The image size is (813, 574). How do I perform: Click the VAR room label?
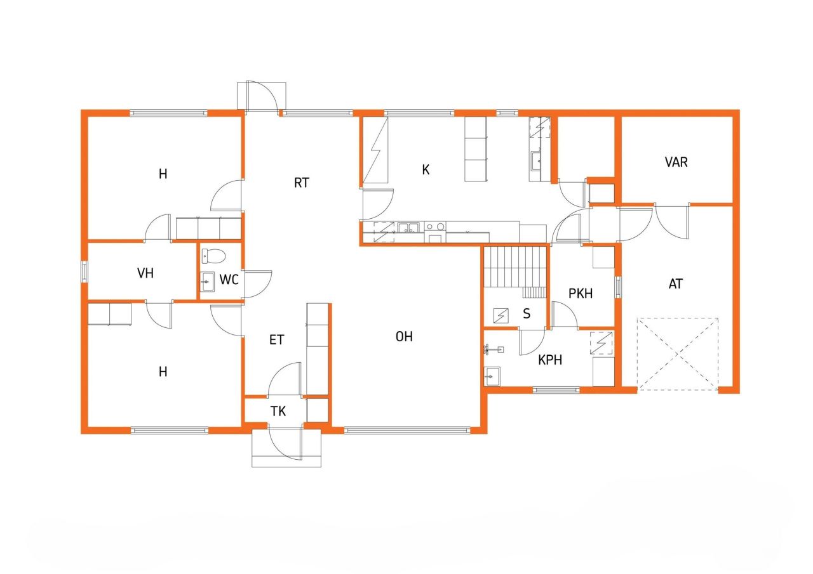click(676, 162)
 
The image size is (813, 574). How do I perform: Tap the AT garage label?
click(676, 284)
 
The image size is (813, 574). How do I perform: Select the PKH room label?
click(581, 294)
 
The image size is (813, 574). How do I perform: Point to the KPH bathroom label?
click(550, 360)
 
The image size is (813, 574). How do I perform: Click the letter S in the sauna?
click(527, 314)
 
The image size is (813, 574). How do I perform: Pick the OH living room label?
click(404, 337)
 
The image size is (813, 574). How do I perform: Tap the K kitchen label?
click(426, 169)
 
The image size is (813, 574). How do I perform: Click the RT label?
click(302, 183)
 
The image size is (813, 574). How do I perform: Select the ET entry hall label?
click(276, 340)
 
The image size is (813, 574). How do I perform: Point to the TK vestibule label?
click(278, 411)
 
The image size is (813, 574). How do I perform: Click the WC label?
click(229, 279)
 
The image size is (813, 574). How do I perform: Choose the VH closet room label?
click(145, 273)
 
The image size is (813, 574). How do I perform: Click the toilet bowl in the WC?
click(213, 257)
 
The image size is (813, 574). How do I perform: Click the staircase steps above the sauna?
click(515, 267)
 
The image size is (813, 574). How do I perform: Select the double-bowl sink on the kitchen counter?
click(407, 227)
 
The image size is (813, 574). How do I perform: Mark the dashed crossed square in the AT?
click(678, 353)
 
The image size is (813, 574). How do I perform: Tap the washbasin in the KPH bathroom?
click(492, 377)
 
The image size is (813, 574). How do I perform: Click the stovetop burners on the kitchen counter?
click(435, 226)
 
